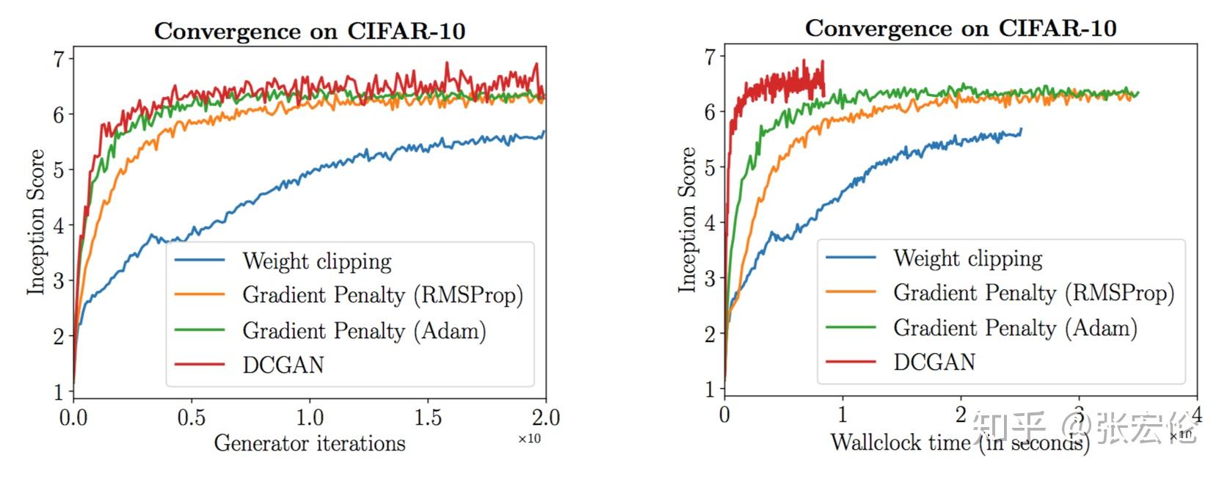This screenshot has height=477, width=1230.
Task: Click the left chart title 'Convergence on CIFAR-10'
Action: [309, 31]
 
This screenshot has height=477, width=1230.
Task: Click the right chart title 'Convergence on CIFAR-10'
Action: [960, 29]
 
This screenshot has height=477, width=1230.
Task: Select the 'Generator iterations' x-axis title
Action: [309, 443]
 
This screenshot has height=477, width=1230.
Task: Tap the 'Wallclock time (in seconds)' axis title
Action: [959, 442]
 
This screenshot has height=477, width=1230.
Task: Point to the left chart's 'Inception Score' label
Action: [36, 222]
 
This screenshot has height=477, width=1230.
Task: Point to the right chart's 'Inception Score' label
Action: [687, 219]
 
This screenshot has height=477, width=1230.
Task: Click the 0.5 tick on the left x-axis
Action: [191, 418]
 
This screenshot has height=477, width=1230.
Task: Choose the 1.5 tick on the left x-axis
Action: [427, 418]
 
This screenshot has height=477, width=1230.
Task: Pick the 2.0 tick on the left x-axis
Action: [545, 418]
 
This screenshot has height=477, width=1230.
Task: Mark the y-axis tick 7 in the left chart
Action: [59, 59]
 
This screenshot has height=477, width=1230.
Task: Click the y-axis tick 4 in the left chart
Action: [59, 225]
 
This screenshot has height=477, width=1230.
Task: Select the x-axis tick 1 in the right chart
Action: [843, 415]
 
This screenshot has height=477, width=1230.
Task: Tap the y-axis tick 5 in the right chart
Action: [710, 167]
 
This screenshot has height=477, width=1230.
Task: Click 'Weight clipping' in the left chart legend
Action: [317, 261]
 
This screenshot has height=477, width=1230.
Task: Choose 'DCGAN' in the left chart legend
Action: [283, 365]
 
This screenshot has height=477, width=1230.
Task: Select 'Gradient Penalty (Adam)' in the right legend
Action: [1015, 327]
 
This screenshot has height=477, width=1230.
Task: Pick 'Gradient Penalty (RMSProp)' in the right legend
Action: [1033, 293]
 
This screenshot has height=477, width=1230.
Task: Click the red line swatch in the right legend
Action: [851, 362]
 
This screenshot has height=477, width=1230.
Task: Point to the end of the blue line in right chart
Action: [1021, 130]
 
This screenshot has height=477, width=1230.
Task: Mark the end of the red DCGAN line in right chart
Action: [824, 94]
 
